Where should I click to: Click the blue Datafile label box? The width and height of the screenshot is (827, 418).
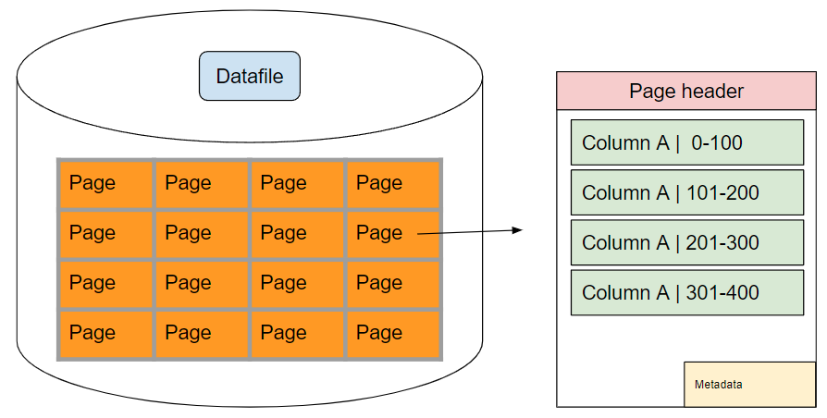pyautogui.click(x=250, y=76)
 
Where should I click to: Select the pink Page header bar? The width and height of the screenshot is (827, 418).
pyautogui.click(x=686, y=91)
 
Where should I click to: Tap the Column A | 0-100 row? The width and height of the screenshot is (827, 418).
pyautogui.click(x=687, y=142)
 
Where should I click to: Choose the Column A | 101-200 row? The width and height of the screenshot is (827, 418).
pyautogui.click(x=687, y=192)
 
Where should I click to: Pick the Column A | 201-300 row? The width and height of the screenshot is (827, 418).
pyautogui.click(x=687, y=242)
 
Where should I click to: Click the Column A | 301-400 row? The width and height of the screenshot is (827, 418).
pyautogui.click(x=687, y=292)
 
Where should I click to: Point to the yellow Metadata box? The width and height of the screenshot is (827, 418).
pyautogui.click(x=750, y=385)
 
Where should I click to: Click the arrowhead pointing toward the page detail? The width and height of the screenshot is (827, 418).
pyautogui.click(x=517, y=230)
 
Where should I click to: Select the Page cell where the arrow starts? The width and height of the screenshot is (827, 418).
pyautogui.click(x=393, y=234)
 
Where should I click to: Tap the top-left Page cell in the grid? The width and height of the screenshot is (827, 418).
pyautogui.click(x=106, y=184)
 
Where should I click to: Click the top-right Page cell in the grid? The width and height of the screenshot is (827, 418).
pyautogui.click(x=393, y=184)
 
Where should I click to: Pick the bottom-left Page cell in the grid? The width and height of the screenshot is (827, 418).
pyautogui.click(x=106, y=334)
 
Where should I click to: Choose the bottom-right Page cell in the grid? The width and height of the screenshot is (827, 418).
pyautogui.click(x=393, y=334)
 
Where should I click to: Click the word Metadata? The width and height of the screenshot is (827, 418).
pyautogui.click(x=719, y=385)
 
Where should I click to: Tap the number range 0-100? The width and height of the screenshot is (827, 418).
pyautogui.click(x=717, y=142)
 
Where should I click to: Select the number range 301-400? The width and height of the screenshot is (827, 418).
pyautogui.click(x=722, y=292)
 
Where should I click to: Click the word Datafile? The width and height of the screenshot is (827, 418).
pyautogui.click(x=250, y=76)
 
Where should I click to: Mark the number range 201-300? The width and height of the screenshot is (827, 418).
pyautogui.click(x=722, y=242)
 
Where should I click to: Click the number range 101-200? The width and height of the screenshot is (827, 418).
pyautogui.click(x=722, y=192)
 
